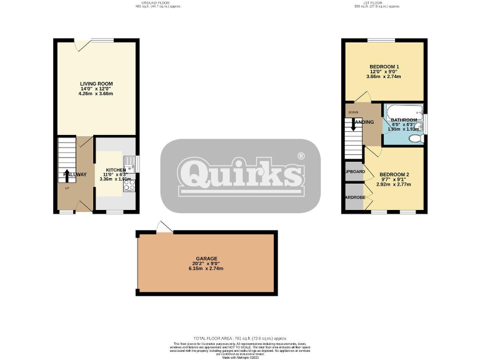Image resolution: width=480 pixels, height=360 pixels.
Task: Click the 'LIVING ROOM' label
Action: pyautogui.click(x=96, y=84)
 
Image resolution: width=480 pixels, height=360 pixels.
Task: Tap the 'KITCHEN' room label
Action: pyautogui.click(x=116, y=170)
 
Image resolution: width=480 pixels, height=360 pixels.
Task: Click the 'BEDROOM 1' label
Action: pyautogui.click(x=384, y=67)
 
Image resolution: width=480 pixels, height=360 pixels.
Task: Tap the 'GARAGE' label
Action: pyautogui.click(x=206, y=257)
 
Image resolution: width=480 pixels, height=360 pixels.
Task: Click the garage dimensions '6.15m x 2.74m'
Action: pyautogui.click(x=206, y=269)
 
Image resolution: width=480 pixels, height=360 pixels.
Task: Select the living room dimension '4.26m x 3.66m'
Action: pyautogui.click(x=96, y=94)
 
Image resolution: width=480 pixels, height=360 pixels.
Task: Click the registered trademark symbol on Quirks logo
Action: pyautogui.click(x=301, y=156)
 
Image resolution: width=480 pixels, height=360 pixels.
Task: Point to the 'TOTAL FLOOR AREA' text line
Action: pyautogui.click(x=240, y=337)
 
